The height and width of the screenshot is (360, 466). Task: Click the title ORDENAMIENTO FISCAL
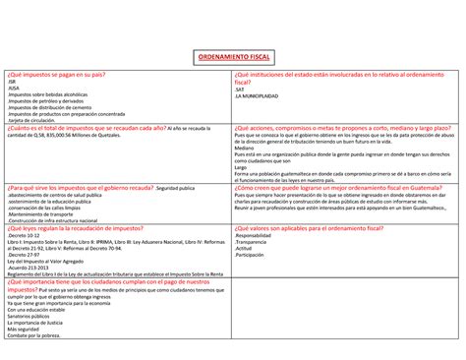point(233,58)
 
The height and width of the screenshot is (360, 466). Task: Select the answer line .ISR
point(13,84)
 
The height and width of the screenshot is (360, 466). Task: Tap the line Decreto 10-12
point(25,236)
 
